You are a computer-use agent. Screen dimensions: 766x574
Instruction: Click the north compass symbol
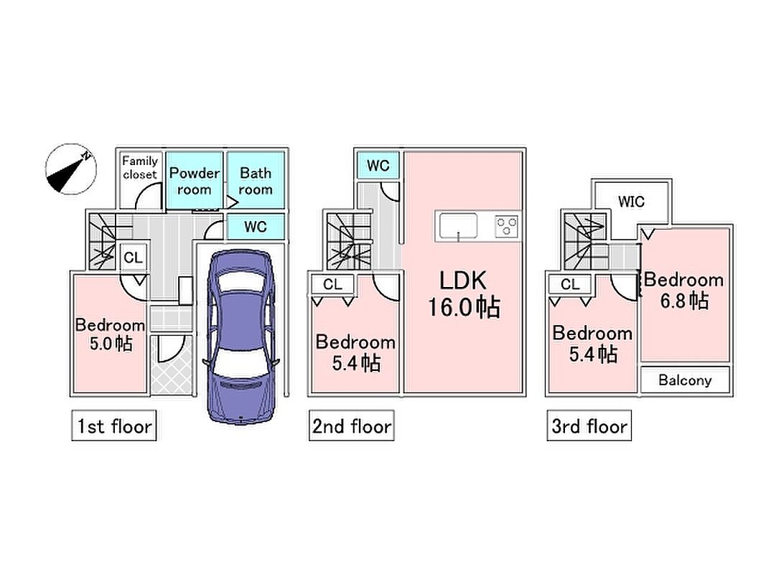[71, 169]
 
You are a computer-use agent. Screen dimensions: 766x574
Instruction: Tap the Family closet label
[140, 167]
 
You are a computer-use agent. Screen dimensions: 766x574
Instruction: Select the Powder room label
[195, 181]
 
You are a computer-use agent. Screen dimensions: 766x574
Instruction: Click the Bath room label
[256, 181]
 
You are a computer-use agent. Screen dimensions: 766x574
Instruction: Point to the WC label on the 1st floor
[256, 227]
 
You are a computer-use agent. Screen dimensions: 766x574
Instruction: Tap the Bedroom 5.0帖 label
[111, 334]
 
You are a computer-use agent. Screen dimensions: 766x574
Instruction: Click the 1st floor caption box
[114, 425]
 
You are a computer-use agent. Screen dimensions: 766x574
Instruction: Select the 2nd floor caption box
[352, 425]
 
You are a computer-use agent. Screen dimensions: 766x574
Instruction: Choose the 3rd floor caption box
[589, 425]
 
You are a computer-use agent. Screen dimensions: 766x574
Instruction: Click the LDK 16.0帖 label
[464, 294]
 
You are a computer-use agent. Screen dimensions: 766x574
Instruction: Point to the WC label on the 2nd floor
[378, 166]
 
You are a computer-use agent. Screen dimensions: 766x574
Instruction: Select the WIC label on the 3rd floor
[631, 201]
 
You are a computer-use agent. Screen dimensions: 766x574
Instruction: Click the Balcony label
[685, 380]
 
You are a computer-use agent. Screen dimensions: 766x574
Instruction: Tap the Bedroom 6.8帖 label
[684, 291]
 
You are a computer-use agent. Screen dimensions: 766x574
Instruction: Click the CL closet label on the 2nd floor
[332, 284]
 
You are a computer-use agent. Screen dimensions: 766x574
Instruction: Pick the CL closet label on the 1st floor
[133, 258]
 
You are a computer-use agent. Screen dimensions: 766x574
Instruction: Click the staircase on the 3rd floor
[585, 241]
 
